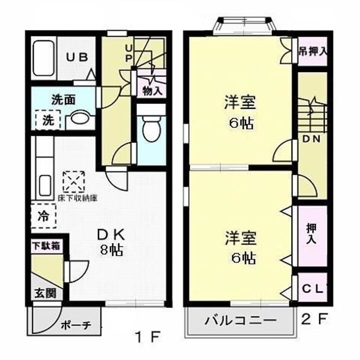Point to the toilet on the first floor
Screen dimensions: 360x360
pyautogui.click(x=149, y=128)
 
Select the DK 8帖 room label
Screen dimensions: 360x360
pyautogui.click(x=113, y=241)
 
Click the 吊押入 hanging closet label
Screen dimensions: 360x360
pyautogui.click(x=312, y=51)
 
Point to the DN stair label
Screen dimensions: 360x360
pyautogui.click(x=311, y=138)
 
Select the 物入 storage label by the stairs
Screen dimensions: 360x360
pyautogui.click(x=152, y=91)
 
